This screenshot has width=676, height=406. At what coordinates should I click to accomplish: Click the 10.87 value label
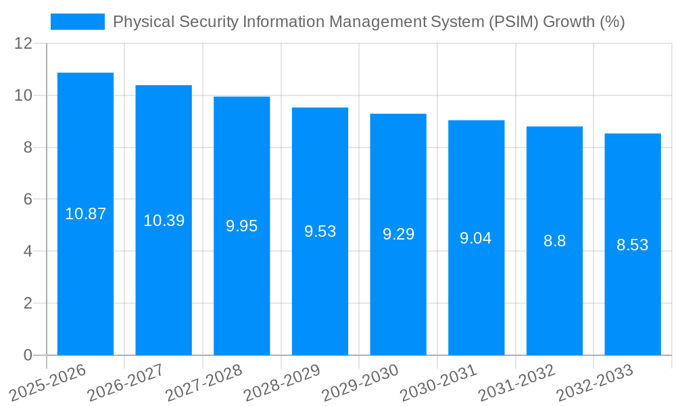[86, 214]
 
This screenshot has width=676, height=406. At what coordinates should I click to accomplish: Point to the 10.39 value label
[164, 221]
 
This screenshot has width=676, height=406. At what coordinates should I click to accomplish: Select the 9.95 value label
[242, 226]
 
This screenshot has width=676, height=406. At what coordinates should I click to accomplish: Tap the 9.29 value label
[398, 234]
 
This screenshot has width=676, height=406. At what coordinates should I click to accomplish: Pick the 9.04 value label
[476, 238]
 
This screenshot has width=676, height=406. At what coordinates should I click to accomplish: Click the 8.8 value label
[554, 241]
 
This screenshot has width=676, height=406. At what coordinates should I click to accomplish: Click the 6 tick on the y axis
[28, 200]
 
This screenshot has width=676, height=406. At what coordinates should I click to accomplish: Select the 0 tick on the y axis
[28, 355]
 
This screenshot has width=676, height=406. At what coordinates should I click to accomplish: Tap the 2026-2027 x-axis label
[125, 383]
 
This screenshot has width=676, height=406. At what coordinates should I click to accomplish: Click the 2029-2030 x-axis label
[360, 383]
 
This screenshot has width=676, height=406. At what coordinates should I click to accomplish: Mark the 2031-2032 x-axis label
[516, 383]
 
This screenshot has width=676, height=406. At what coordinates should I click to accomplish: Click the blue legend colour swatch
[78, 22]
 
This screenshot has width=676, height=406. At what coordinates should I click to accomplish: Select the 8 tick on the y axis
[28, 148]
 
